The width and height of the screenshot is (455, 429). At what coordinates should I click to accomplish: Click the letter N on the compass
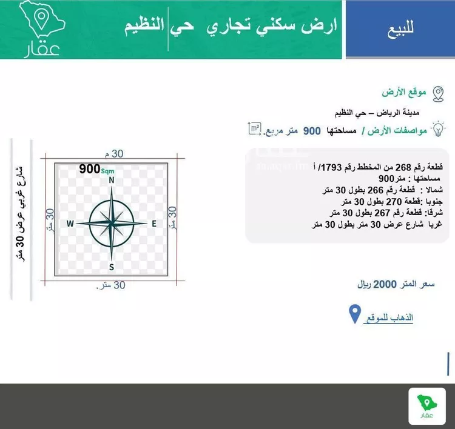click(112, 180)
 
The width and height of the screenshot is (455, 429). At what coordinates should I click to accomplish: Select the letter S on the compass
click(112, 267)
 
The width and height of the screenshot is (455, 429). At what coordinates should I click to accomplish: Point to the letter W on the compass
click(70, 224)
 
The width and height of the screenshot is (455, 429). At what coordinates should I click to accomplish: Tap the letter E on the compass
click(154, 224)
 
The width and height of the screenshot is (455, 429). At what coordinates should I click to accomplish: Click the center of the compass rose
click(112, 223)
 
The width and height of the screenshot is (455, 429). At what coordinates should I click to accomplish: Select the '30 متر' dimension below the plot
click(111, 285)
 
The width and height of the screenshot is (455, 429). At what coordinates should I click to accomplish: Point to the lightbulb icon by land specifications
click(437, 129)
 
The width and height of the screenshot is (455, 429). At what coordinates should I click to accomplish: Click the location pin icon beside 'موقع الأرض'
click(437, 93)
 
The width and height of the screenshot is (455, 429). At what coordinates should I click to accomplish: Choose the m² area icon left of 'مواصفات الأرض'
click(255, 128)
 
